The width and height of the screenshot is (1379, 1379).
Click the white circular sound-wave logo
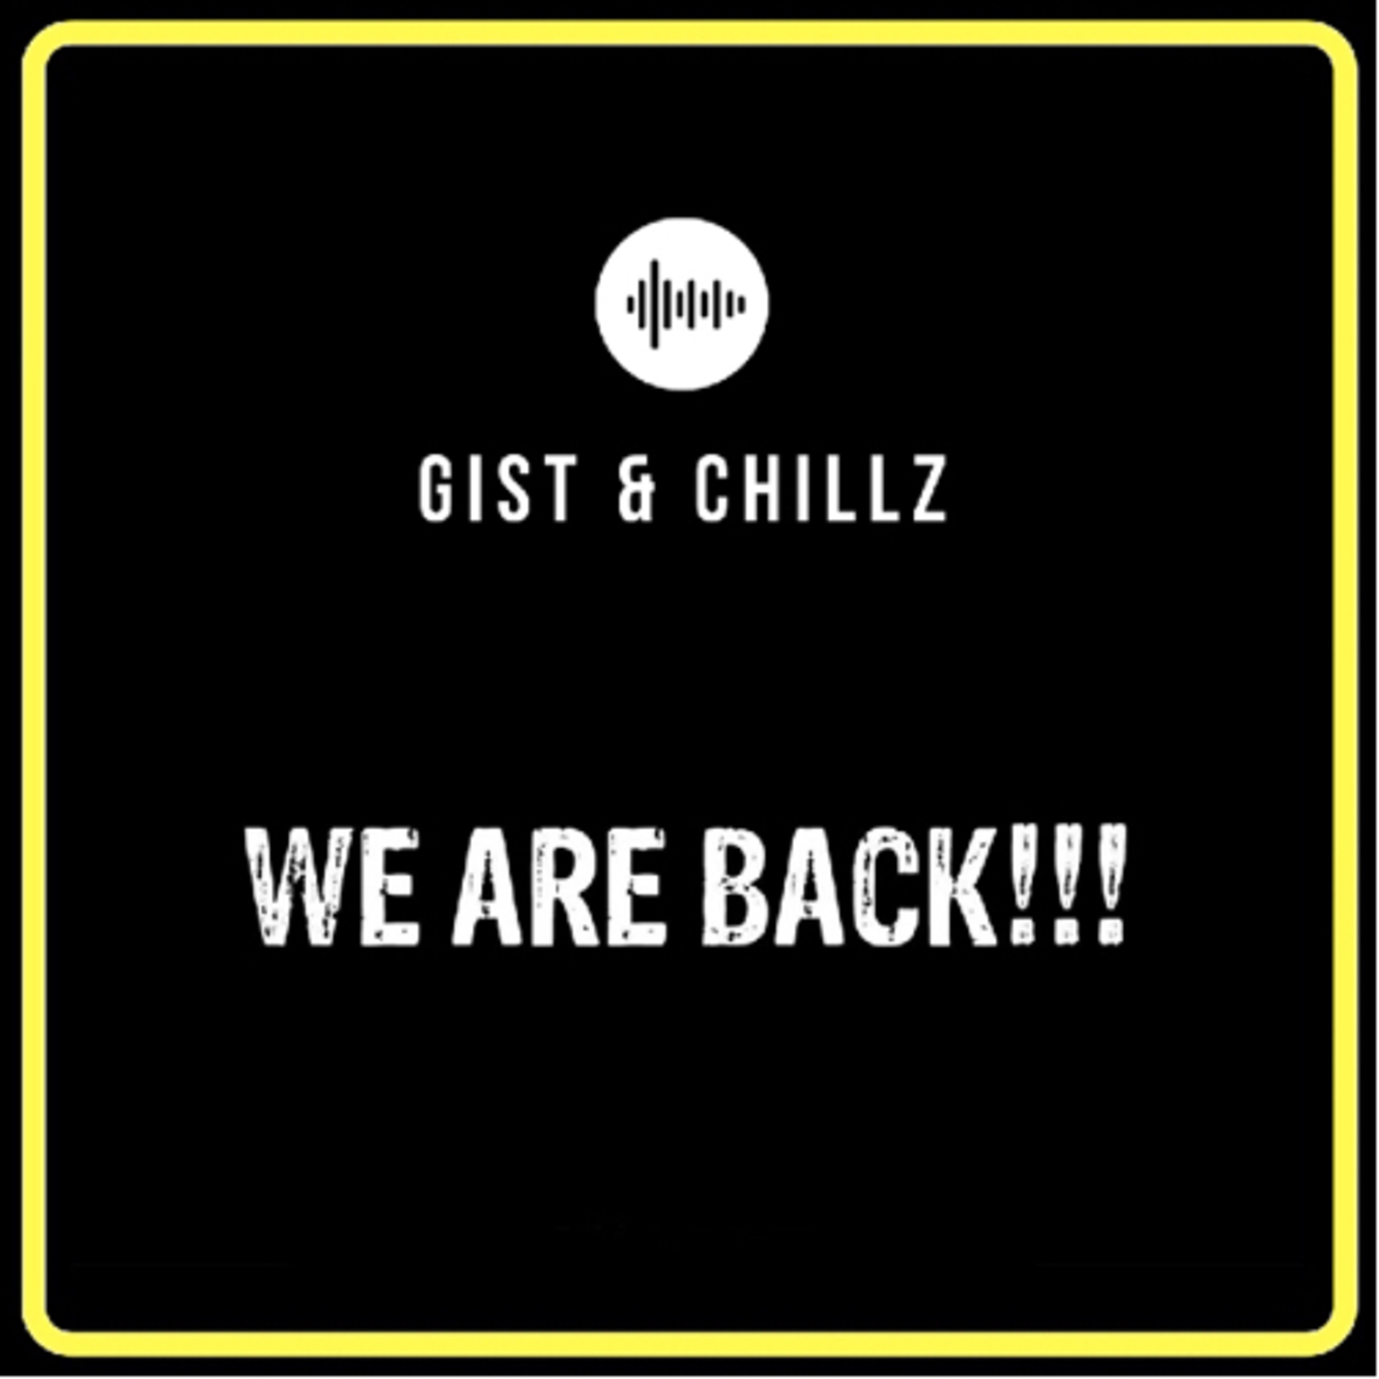[682, 304]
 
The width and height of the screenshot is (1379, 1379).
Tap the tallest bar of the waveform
[654, 304]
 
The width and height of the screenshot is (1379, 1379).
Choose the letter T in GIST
[559, 490]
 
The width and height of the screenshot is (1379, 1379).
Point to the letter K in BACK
[959, 887]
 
